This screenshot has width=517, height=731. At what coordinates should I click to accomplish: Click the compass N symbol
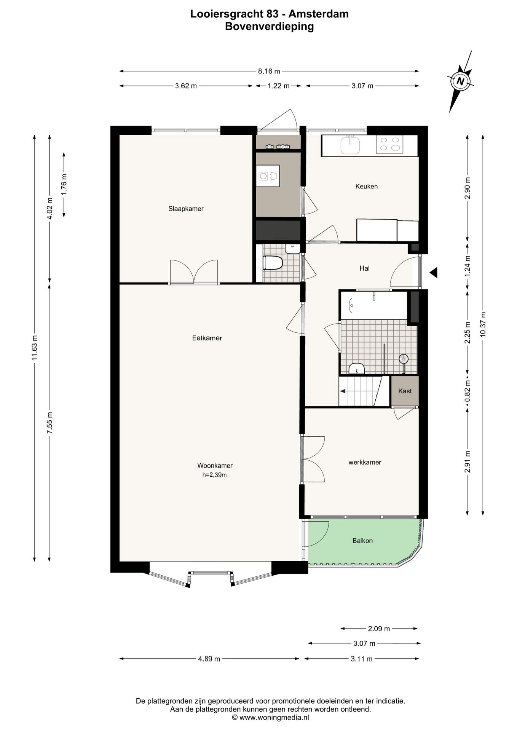click(x=461, y=81)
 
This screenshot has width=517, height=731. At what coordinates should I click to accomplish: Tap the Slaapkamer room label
click(x=186, y=209)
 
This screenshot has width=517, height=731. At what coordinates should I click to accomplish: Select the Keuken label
click(x=366, y=186)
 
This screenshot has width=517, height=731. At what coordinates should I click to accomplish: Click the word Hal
click(x=364, y=268)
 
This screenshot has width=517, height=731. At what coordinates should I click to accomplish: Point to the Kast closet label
click(x=405, y=391)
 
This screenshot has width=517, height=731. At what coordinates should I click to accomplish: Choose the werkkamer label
click(x=365, y=462)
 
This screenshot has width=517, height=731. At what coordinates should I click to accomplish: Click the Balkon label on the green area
click(x=362, y=541)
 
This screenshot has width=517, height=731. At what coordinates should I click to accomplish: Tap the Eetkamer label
click(x=207, y=338)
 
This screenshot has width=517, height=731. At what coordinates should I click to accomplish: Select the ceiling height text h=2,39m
click(x=215, y=475)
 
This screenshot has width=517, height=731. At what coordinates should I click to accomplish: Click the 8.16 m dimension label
click(x=269, y=71)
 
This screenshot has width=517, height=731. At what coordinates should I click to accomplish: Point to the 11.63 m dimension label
click(x=35, y=348)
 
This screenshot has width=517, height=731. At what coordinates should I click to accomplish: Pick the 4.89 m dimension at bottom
click(x=209, y=659)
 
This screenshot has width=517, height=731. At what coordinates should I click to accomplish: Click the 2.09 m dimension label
click(x=379, y=629)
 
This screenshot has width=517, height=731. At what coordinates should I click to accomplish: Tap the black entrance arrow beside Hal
click(x=433, y=272)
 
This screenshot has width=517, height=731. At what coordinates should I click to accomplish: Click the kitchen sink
click(x=350, y=144)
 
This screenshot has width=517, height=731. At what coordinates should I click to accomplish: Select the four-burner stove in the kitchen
click(x=389, y=145)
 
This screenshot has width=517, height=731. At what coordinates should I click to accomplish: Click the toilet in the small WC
click(x=273, y=263)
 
